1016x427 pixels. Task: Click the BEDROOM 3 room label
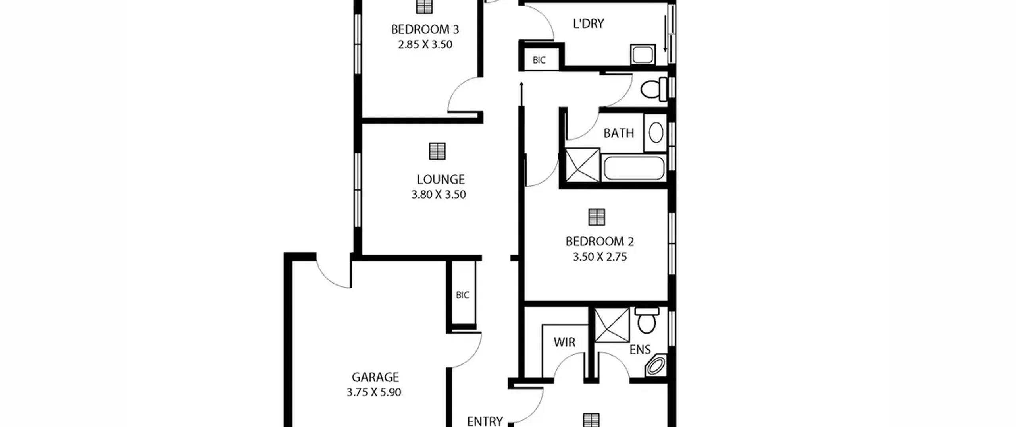pos(425,29)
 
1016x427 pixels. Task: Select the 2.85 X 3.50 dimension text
pos(425,44)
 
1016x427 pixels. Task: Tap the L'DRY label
pos(589,23)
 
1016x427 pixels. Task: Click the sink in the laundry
pos(643,54)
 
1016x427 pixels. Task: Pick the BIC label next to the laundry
pos(539,60)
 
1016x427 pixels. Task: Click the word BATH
pos(618,133)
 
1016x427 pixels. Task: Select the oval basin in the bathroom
pos(656,132)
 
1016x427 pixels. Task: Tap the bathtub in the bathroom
pos(634,168)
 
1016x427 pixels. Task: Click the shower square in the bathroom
pos(582,165)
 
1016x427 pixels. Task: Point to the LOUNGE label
pos(441,180)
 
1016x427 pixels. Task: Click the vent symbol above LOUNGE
pos(437,151)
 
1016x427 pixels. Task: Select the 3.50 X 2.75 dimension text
pos(600,257)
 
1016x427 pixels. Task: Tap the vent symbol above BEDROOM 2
pos(597,217)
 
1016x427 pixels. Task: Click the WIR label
pos(564,342)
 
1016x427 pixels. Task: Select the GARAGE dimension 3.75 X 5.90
pos(374,392)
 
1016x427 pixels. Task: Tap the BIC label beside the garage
pos(462,295)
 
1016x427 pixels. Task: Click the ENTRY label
pos(485,421)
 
